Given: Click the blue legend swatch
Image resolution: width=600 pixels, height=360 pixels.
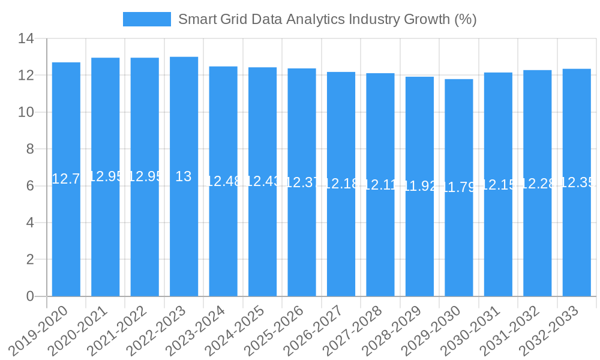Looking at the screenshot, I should click(147, 19).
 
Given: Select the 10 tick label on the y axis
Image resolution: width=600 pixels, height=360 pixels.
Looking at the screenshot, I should click(26, 113).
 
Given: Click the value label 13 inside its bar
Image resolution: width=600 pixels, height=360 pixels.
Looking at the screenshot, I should click(184, 176).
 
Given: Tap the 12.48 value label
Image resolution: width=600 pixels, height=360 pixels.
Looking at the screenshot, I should click(223, 181).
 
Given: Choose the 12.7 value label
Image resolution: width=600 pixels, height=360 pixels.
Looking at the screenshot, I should click(66, 179).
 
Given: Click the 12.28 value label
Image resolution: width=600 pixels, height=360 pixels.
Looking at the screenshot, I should click(538, 184).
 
